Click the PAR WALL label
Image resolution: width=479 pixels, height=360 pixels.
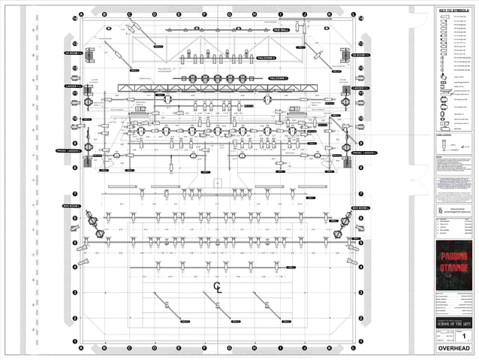click(x=281, y=30)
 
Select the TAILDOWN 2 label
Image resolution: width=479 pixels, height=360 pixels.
click(x=267, y=58)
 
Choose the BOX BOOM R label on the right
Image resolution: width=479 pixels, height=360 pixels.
click(x=361, y=207)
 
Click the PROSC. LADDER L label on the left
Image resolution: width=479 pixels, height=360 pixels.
click(x=68, y=152)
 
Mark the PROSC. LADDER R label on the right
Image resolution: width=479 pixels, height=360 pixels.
click(x=364, y=152)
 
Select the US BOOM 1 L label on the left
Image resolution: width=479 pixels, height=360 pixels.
click(x=71, y=54)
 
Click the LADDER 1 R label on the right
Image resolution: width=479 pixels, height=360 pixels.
click(x=361, y=88)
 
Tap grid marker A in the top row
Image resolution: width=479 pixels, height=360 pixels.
click(x=80, y=14)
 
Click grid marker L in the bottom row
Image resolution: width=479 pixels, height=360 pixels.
click(x=354, y=349)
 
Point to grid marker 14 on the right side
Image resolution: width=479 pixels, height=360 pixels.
click(x=361, y=18)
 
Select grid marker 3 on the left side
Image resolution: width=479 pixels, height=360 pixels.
click(x=75, y=292)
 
